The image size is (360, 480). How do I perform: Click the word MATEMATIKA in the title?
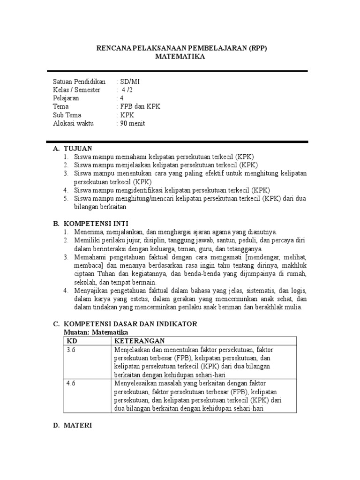180,57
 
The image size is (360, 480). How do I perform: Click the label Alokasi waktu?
74,123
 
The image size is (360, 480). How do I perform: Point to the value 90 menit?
133,123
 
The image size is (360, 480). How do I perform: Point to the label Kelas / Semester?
76,90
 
